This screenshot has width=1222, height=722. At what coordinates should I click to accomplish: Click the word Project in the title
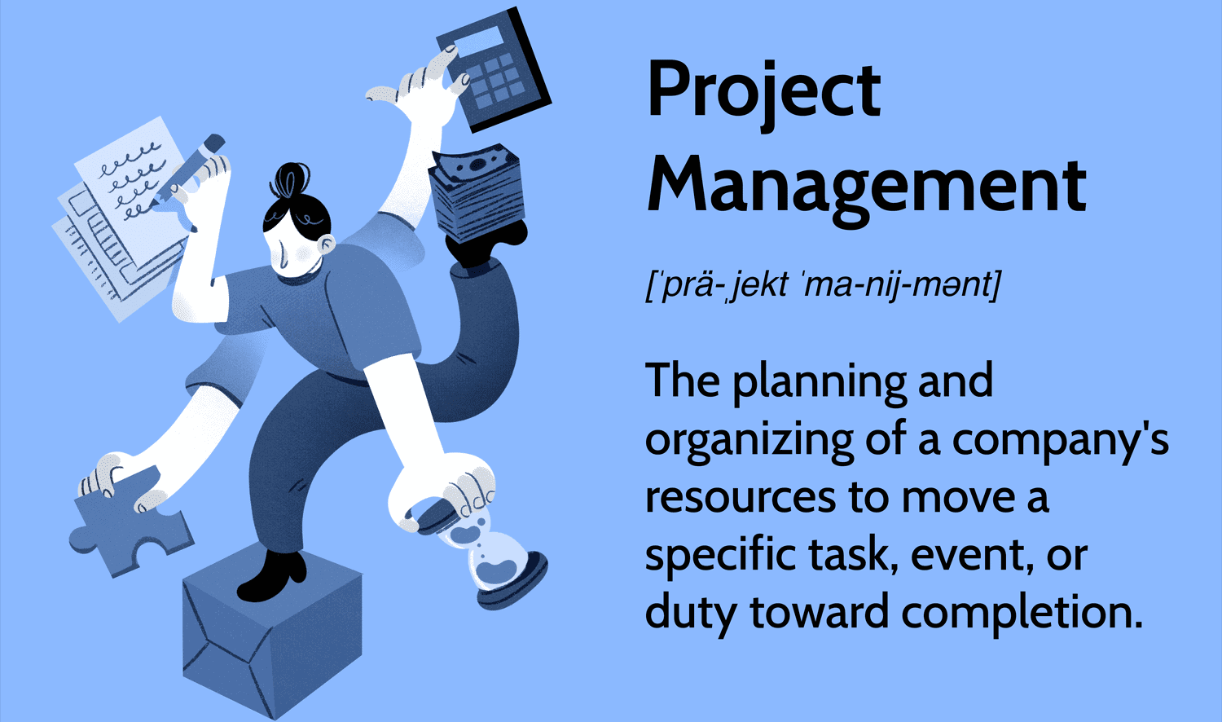coord(764,94)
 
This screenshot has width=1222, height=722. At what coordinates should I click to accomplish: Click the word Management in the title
coord(866,188)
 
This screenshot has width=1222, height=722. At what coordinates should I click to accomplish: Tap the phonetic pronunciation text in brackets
coord(823,285)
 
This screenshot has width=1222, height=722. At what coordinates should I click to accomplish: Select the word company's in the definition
coord(1061,441)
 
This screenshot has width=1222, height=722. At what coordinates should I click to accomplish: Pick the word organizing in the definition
coord(749,441)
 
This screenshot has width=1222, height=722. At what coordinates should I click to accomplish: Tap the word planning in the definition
coord(820,382)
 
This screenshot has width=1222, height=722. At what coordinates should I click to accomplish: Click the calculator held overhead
coord(494,69)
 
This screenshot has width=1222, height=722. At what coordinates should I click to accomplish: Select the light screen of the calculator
coord(477,41)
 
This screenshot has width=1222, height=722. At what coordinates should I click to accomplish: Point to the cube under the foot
coord(271,627)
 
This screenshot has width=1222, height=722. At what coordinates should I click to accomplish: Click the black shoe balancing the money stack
coord(486,244)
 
